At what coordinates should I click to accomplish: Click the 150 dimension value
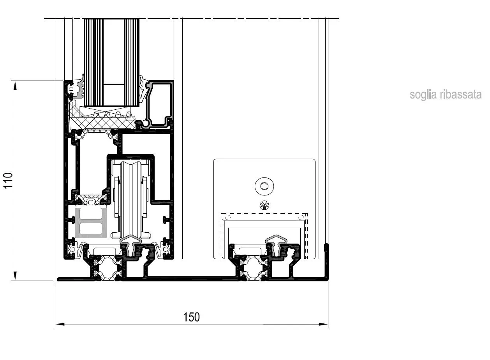pos(191,317)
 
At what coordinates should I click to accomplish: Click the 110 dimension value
pos(8,180)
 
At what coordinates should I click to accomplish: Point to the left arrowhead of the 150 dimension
pos(60,324)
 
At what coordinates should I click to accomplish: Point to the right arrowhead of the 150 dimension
pos(323,324)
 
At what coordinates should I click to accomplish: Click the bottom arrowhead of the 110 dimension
pos(15,276)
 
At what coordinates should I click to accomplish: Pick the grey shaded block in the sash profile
pos(91,223)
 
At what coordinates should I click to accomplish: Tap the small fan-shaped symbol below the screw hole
pos(264,205)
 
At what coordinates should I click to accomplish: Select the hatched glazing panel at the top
pos(111,63)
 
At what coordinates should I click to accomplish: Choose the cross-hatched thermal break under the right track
pos(254,269)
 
